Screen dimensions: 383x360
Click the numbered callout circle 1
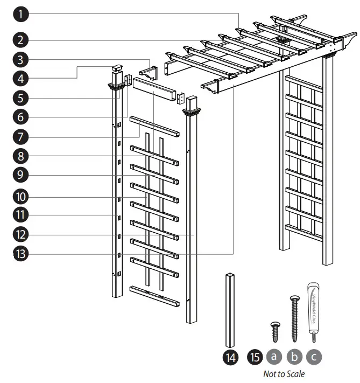[21, 14]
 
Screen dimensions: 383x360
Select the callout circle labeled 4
[21, 79]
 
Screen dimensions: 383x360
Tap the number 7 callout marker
[21, 137]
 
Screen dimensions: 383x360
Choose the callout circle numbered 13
[21, 254]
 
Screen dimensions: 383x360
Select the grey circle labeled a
[274, 357]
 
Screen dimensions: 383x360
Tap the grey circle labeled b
[294, 357]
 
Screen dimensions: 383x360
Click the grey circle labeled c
[314, 357]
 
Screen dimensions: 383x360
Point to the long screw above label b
[294, 318]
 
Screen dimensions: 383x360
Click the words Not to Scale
[284, 373]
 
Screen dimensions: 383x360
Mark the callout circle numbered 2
[21, 39]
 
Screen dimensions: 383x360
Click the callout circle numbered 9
[21, 176]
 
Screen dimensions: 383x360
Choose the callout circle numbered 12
[21, 234]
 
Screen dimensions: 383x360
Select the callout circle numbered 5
[21, 98]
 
